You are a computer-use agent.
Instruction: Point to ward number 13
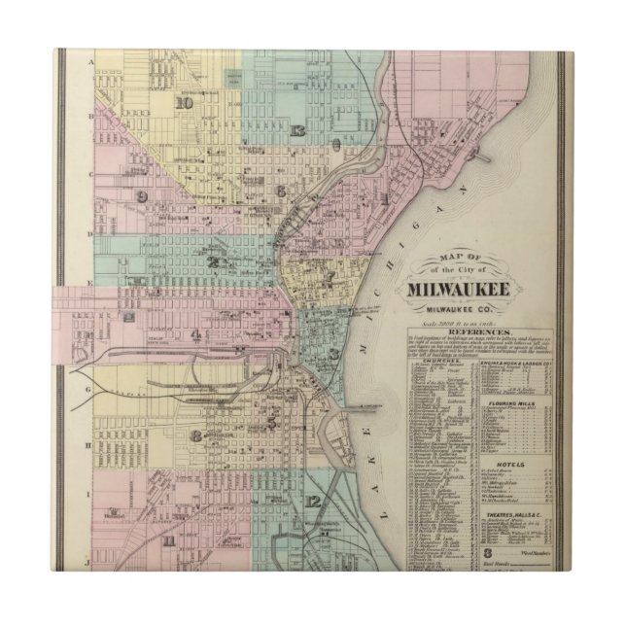(x=297, y=131)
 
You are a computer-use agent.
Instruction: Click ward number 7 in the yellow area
(x=330, y=277)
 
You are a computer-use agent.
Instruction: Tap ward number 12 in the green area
(x=311, y=501)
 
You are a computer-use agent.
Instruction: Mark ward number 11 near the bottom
(x=169, y=540)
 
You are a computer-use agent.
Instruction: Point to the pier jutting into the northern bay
(x=475, y=153)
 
